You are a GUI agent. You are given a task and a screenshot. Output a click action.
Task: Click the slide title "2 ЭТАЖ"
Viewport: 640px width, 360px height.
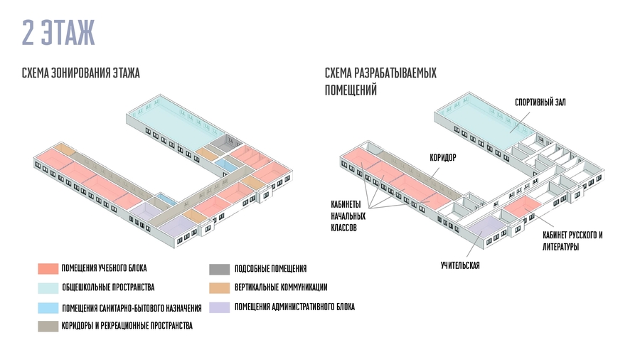(x=58, y=33)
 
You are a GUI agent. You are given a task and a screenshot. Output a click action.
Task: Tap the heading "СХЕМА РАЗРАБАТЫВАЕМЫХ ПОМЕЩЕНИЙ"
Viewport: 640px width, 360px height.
(x=380, y=82)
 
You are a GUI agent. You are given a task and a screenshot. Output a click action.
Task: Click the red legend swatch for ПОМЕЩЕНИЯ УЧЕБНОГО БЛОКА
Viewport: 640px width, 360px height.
(x=48, y=268)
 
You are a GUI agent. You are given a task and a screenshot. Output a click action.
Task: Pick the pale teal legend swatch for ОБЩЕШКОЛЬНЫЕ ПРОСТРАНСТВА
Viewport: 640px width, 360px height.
(x=48, y=287)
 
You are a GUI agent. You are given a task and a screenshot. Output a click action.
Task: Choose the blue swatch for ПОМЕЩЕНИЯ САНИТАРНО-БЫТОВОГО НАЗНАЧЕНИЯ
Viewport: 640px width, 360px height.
(x=48, y=308)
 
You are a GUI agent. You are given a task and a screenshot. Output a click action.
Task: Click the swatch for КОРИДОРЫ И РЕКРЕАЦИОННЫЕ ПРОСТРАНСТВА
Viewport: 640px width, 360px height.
(x=48, y=326)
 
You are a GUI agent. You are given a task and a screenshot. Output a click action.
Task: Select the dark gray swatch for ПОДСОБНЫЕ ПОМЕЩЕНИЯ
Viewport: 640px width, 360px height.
(x=218, y=269)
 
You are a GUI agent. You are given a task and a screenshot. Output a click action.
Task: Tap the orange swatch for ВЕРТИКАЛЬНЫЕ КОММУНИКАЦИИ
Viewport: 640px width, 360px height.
(x=218, y=287)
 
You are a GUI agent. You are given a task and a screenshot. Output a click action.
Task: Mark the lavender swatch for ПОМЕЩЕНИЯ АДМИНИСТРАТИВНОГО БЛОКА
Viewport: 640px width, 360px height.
(x=218, y=307)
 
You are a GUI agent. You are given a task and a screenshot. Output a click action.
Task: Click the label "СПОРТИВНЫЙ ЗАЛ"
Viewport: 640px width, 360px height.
(x=540, y=102)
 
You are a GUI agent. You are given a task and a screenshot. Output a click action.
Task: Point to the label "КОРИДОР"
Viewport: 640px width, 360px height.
(x=442, y=157)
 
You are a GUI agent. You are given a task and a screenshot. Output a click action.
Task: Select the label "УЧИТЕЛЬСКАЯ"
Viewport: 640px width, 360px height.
(x=460, y=265)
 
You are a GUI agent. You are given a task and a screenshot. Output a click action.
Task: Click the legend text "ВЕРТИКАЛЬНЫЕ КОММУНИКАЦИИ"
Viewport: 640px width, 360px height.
(x=281, y=287)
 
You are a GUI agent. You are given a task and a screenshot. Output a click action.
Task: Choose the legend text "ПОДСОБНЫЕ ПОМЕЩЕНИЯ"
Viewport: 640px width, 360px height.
(x=270, y=269)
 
